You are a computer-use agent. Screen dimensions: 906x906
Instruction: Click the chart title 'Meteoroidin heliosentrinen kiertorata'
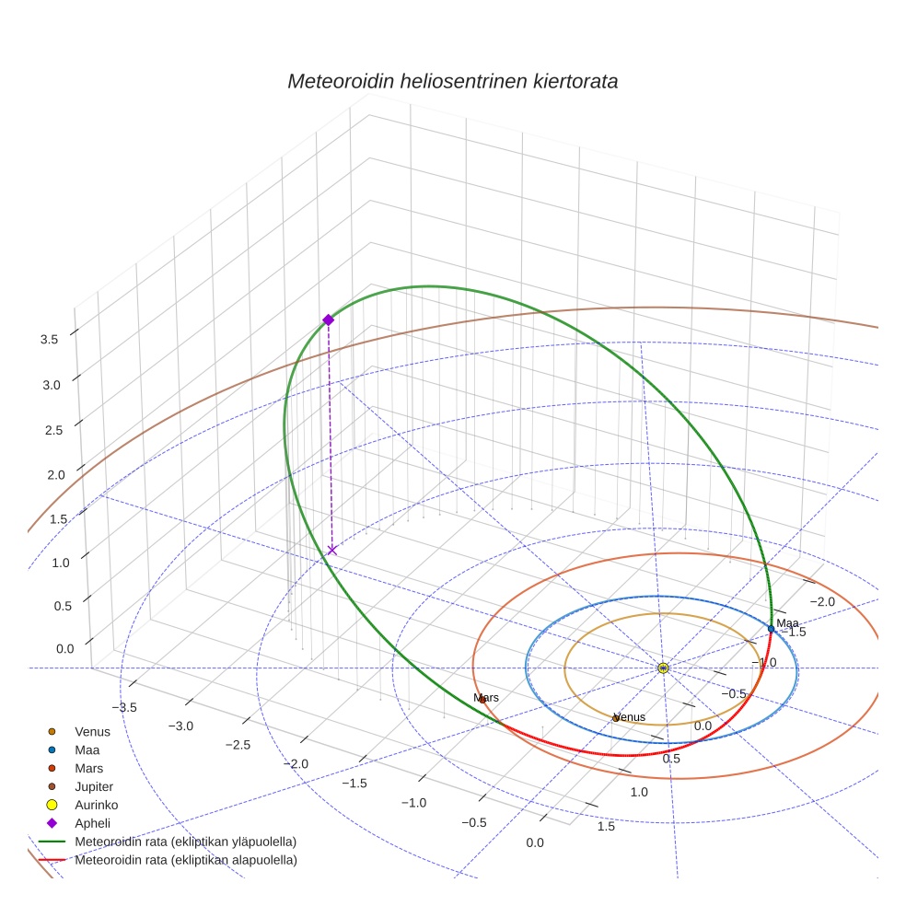click(x=452, y=81)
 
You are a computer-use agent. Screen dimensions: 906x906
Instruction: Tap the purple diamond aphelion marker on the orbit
click(x=328, y=319)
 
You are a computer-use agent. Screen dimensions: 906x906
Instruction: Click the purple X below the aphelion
click(x=331, y=550)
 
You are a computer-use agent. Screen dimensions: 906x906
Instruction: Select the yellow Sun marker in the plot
click(x=663, y=668)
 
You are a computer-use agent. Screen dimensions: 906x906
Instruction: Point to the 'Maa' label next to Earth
click(x=787, y=623)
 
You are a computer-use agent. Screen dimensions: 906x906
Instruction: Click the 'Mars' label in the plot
click(x=486, y=698)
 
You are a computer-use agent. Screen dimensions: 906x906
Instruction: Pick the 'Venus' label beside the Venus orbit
click(x=630, y=717)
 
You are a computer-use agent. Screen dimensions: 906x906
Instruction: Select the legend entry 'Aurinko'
click(x=96, y=805)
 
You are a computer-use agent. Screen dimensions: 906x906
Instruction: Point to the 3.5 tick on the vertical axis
click(x=50, y=339)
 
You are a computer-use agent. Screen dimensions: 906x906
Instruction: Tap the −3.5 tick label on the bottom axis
click(x=123, y=707)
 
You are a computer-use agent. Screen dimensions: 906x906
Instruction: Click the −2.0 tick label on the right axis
click(x=821, y=602)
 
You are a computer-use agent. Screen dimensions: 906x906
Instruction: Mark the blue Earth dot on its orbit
click(x=772, y=629)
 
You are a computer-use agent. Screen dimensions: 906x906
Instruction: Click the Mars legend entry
click(x=88, y=768)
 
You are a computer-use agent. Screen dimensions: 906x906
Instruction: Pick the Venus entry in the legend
click(x=92, y=731)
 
